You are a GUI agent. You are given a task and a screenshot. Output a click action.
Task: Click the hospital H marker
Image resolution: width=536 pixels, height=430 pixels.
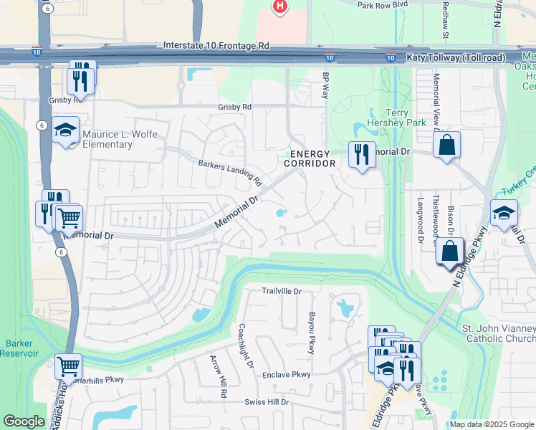pos(279,6)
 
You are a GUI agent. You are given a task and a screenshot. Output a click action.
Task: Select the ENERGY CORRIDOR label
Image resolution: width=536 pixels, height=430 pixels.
pos(310,158)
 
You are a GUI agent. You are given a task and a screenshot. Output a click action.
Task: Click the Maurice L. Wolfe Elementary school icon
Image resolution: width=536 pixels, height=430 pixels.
pos(66,130)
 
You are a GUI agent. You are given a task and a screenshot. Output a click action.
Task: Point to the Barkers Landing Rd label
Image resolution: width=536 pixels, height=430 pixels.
pos(230,172)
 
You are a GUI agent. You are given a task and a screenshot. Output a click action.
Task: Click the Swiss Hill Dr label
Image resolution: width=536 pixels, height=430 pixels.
pos(265,402)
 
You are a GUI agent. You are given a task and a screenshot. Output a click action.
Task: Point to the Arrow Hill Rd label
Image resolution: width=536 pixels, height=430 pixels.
pos(218,376)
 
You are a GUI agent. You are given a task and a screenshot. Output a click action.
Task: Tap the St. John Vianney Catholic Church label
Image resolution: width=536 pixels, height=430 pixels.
pos(499,334)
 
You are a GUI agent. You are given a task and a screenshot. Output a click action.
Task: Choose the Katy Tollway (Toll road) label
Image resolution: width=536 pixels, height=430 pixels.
pos(455,57)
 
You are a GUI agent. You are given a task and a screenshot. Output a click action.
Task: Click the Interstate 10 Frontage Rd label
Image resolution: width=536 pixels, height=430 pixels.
pos(216,44)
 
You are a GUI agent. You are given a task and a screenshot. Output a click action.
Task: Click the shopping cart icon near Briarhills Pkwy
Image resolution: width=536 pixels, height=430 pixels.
pos(68,366)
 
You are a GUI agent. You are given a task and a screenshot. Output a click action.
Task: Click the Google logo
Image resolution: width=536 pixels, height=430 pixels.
pos(24,421)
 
